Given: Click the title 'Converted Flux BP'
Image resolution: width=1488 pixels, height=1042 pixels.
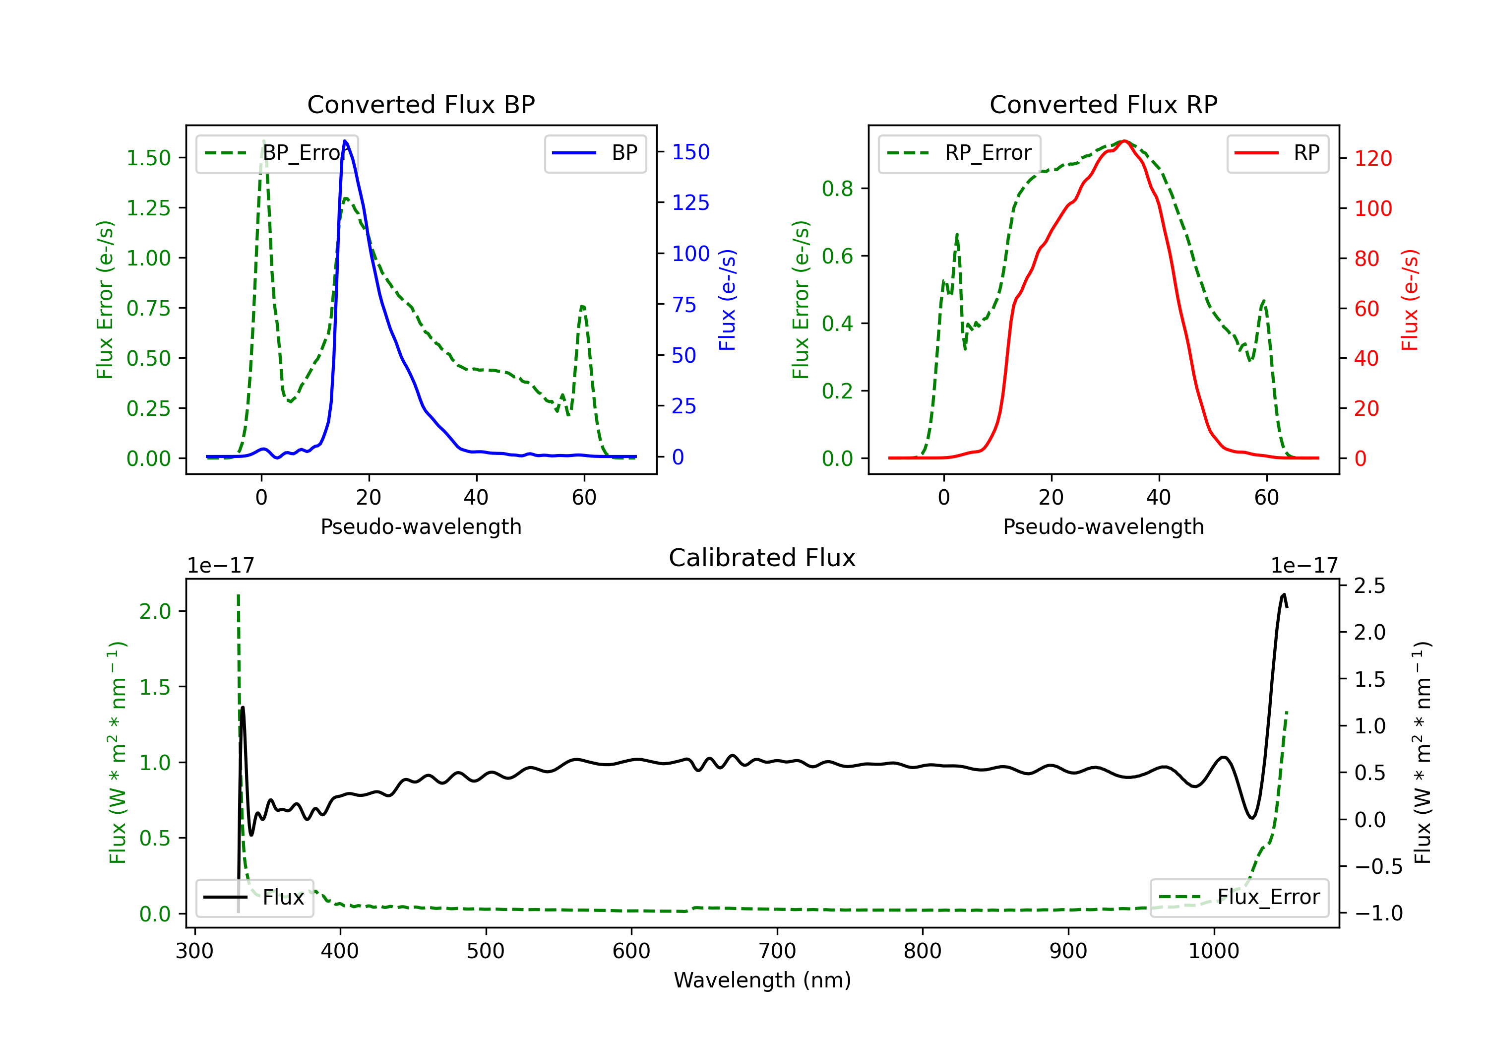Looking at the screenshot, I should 421,104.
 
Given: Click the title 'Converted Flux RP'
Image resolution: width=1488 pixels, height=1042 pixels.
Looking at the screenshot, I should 1103,104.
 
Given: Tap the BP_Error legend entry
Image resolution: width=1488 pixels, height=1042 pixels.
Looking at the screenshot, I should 277,153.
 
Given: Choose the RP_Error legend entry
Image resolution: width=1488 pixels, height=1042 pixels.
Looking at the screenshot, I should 959,153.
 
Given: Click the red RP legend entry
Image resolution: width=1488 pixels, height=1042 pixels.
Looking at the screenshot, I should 1277,153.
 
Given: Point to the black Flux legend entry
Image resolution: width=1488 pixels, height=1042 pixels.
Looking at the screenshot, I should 255,898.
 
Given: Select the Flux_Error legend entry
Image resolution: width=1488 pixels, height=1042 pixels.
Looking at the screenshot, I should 1239,898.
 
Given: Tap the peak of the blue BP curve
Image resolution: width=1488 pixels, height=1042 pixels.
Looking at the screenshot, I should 345,141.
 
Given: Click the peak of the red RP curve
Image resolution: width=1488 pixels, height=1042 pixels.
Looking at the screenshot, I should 1124,141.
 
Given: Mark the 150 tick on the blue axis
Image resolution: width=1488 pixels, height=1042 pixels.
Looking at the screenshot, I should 690,152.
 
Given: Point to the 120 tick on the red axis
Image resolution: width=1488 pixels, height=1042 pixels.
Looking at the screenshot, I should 1372,158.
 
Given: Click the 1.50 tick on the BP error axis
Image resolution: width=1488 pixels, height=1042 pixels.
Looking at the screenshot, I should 148,158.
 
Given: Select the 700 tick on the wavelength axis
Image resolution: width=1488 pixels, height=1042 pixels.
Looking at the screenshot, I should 777,951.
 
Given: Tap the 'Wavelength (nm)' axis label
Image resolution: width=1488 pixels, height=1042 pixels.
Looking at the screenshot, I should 762,980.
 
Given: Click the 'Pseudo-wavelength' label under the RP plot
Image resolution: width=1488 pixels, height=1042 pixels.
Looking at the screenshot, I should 1103,526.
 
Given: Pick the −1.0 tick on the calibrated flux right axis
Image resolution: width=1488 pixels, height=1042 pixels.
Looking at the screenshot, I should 1378,913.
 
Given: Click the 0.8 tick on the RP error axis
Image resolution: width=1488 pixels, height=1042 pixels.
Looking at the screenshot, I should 837,189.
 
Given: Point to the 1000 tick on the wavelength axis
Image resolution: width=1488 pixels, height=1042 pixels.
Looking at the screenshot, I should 1213,951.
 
